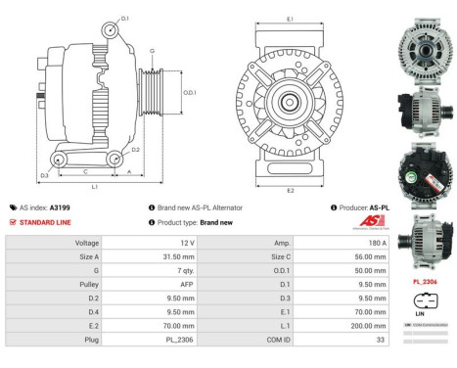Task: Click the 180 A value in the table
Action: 378,242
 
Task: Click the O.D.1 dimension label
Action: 191,93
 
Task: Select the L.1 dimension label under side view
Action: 93,185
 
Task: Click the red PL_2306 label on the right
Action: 424,282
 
